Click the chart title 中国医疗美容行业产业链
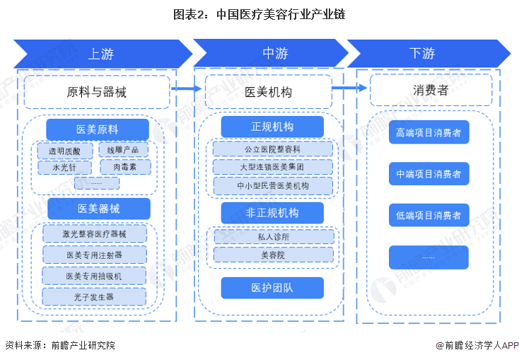click(x=259, y=14)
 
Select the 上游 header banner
click(x=100, y=54)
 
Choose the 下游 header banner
click(x=422, y=54)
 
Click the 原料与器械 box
click(x=97, y=92)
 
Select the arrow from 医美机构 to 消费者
click(x=349, y=88)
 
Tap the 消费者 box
click(x=430, y=91)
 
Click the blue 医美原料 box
click(x=98, y=129)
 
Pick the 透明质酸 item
click(x=64, y=151)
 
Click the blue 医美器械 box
click(x=98, y=209)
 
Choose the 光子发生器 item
click(x=94, y=297)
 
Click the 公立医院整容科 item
click(x=272, y=149)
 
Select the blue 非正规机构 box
click(x=272, y=213)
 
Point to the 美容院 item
click(x=272, y=255)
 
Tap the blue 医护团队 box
click(x=272, y=288)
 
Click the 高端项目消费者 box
click(x=428, y=132)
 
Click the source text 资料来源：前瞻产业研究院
click(x=60, y=346)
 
